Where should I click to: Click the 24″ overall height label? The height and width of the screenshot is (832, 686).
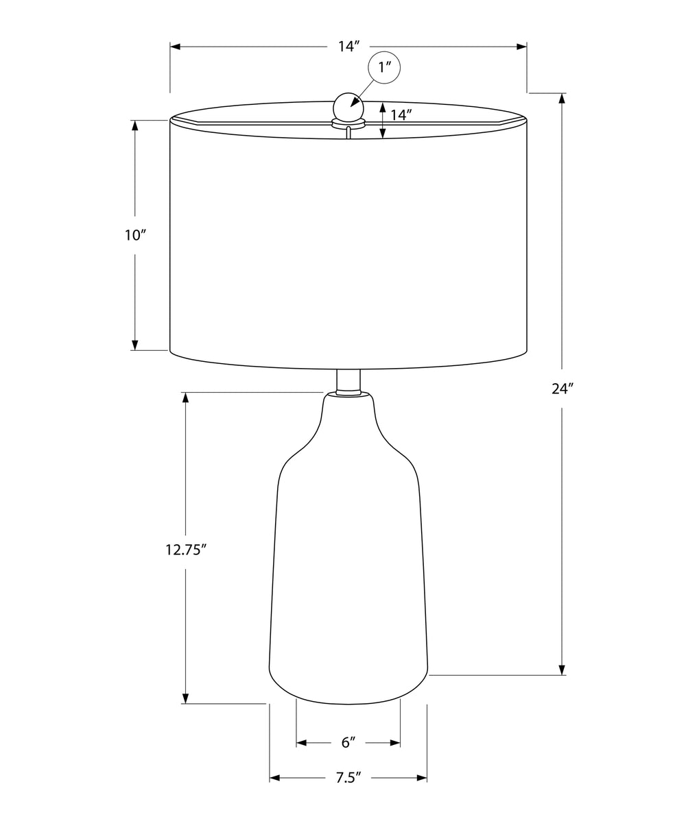pyautogui.click(x=562, y=389)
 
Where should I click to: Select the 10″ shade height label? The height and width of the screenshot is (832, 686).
pyautogui.click(x=133, y=235)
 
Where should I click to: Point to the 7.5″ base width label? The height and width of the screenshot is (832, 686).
pyautogui.click(x=348, y=777)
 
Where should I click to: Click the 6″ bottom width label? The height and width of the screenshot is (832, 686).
pyautogui.click(x=348, y=742)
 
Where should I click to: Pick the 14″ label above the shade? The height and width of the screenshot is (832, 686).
pyautogui.click(x=349, y=46)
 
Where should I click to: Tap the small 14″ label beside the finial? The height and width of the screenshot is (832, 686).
pyautogui.click(x=401, y=114)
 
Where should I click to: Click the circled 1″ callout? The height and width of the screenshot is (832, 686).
pyautogui.click(x=383, y=67)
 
